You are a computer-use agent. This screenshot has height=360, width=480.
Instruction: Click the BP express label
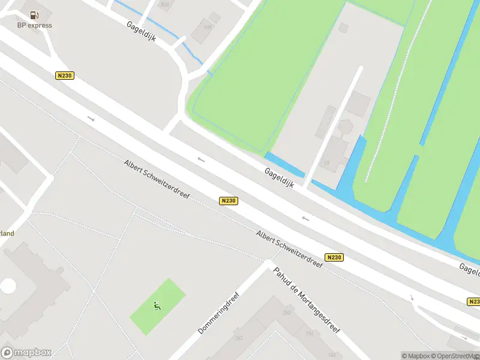(x=34, y=25)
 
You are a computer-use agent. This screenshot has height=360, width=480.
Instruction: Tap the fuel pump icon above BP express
(x=34, y=15)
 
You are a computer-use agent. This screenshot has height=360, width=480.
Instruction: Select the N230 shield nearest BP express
(x=65, y=76)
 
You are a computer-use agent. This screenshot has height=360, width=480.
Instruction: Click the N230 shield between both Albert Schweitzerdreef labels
(x=228, y=201)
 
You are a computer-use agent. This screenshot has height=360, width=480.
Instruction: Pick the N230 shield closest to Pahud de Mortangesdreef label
(x=334, y=257)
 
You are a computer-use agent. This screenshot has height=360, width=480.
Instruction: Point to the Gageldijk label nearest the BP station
(x=142, y=31)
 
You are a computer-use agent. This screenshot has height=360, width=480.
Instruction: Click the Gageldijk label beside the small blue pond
(x=280, y=178)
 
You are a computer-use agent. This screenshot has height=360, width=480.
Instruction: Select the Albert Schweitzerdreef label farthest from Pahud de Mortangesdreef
(x=157, y=180)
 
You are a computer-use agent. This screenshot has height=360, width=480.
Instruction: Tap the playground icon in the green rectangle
(x=157, y=306)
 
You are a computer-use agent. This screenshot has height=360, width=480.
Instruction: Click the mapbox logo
(x=26, y=353)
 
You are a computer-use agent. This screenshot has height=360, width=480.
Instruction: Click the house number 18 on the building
(x=327, y=163)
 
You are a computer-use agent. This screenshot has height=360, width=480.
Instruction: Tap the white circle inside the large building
(x=8, y=286)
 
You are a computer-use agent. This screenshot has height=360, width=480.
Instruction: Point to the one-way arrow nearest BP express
(x=91, y=119)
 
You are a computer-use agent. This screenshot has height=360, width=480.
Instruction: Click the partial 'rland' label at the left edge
(x=7, y=233)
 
